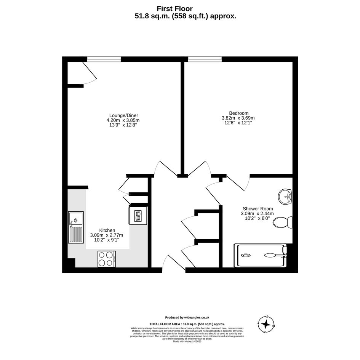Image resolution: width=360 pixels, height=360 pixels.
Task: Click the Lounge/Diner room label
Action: (x=123, y=115)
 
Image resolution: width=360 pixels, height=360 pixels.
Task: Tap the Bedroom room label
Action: (x=239, y=113)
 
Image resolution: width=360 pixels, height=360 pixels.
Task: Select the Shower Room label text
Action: (x=258, y=209)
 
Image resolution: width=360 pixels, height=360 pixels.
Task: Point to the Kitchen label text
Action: (x=107, y=230)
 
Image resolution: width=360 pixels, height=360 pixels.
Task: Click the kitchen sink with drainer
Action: (x=76, y=227)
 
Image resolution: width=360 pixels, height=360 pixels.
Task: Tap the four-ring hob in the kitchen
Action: (x=107, y=259)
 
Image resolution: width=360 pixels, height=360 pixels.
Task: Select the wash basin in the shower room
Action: (x=285, y=197)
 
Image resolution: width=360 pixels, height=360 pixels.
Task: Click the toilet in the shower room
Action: (x=282, y=222)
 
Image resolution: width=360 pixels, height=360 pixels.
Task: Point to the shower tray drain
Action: (x=245, y=255)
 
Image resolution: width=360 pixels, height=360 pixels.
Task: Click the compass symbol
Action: (x=266, y=325)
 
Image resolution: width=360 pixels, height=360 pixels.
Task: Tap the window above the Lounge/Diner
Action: (x=104, y=59)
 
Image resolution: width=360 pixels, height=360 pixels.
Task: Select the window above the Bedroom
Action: (x=205, y=59)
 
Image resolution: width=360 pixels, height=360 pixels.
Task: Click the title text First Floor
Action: (x=175, y=8)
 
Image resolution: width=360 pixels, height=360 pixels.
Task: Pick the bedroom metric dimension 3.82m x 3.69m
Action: (x=238, y=118)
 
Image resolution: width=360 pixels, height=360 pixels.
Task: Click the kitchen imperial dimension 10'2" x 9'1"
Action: (x=107, y=240)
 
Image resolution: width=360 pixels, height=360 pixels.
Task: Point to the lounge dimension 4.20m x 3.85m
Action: (x=123, y=120)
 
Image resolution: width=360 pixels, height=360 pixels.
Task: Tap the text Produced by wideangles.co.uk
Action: (x=187, y=318)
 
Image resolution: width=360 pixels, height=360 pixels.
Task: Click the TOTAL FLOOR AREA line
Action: (x=187, y=324)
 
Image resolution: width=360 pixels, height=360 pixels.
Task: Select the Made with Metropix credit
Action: (x=187, y=341)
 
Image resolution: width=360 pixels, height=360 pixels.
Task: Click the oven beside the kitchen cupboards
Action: (x=138, y=216)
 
